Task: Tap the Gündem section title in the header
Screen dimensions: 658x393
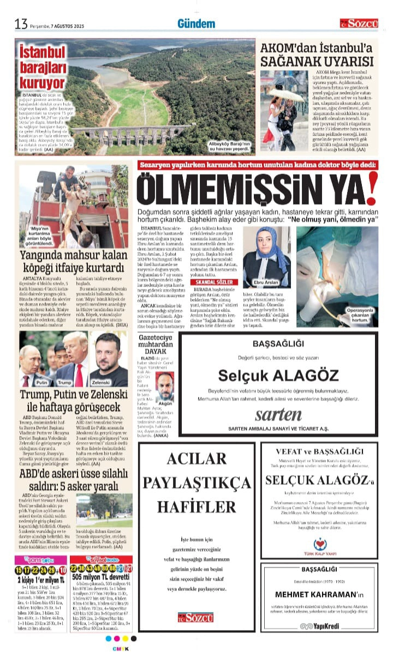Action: pyautogui.click(x=196, y=23)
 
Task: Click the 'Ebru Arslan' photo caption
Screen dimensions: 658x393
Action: pyautogui.click(x=265, y=283)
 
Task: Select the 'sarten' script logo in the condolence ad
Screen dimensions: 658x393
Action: pyautogui.click(x=278, y=414)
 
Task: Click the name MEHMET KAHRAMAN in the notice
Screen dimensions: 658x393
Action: pyautogui.click(x=314, y=594)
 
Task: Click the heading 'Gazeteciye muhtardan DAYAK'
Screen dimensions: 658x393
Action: pyautogui.click(x=156, y=346)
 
